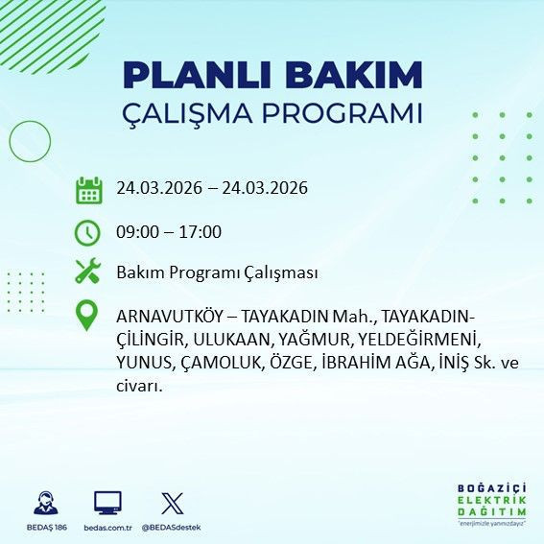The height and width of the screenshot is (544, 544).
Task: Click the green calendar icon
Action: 88,189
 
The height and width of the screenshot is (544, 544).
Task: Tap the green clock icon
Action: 88,231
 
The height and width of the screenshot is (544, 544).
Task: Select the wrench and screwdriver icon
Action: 88,272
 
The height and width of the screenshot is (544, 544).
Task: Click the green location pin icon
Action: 88,316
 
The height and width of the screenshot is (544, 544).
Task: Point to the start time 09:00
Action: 137,231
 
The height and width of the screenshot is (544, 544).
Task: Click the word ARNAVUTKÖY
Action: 173,316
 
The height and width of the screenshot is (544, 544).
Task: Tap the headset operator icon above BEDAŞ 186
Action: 45,503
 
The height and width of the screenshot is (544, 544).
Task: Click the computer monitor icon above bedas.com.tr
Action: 106,503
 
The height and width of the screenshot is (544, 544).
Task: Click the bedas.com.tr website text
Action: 106,528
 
